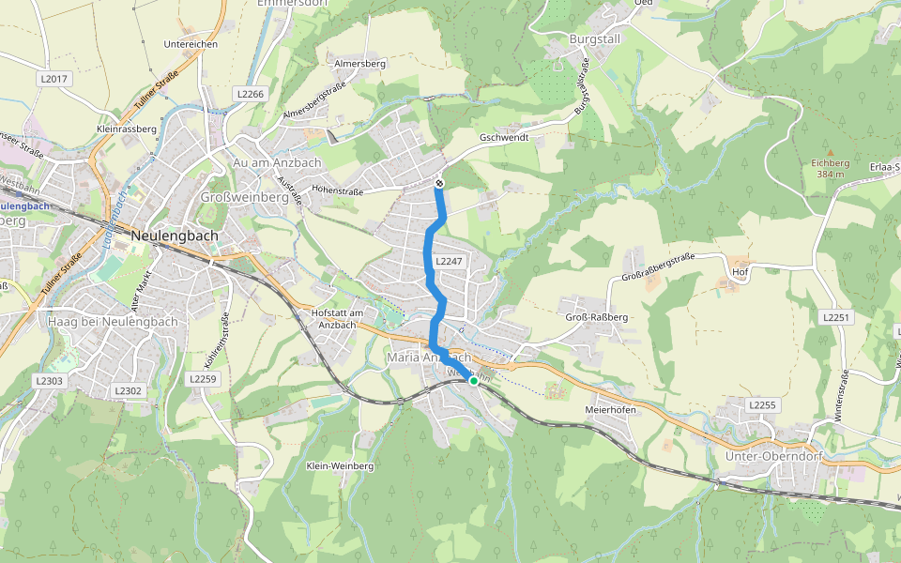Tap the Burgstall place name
[596, 39]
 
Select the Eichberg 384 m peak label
[830, 168]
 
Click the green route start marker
[474, 381]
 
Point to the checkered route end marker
[439, 184]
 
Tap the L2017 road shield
[54, 80]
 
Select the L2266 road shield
[251, 94]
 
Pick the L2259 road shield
[203, 379]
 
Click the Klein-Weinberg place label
[340, 465]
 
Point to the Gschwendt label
[504, 137]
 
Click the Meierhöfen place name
[610, 410]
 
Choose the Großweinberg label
[244, 197]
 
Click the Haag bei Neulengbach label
[112, 322]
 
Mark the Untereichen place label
[191, 44]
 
